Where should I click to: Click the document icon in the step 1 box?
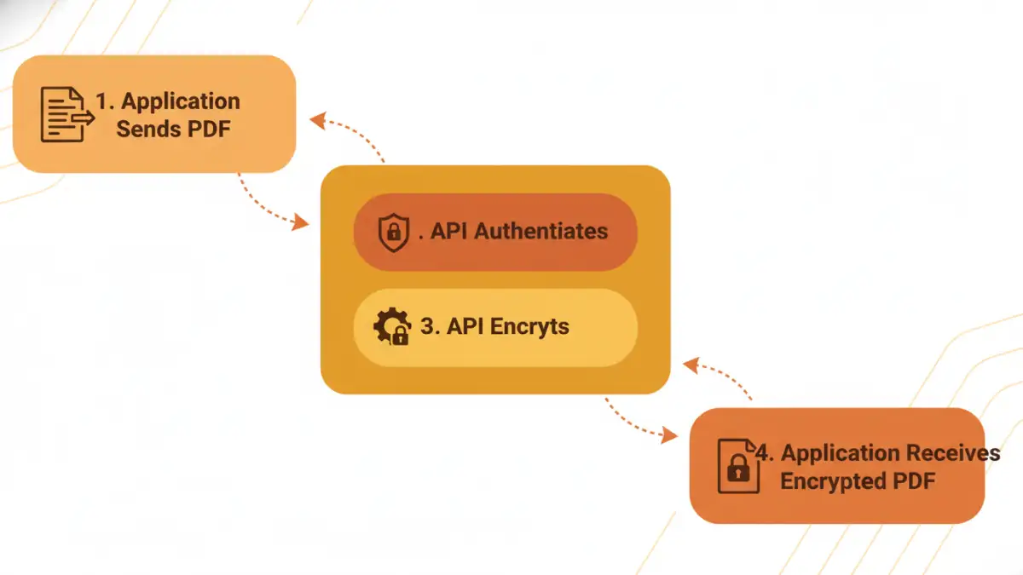66,114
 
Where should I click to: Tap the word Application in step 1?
181,101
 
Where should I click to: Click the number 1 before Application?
103,101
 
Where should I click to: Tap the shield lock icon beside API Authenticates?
392,232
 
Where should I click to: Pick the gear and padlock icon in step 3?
391,327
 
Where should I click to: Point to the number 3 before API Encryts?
428,327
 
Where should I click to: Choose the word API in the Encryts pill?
465,327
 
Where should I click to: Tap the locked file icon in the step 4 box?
737,466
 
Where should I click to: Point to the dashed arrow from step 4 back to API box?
720,375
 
